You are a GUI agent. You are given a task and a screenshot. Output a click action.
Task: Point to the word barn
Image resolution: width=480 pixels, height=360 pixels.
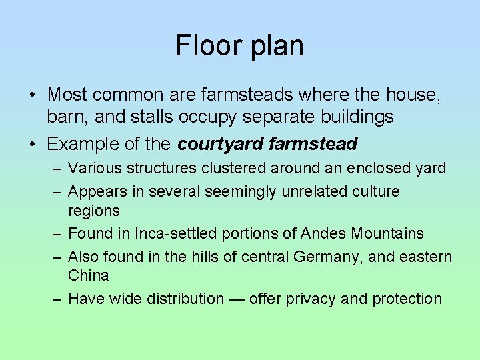click(67, 117)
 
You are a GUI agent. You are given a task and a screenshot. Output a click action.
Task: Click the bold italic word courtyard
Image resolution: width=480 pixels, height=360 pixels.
click(221, 143)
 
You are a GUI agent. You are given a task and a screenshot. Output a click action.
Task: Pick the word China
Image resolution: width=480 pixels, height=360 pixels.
click(88, 275)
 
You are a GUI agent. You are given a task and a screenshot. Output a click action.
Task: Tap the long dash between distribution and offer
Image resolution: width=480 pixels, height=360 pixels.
click(236, 299)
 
